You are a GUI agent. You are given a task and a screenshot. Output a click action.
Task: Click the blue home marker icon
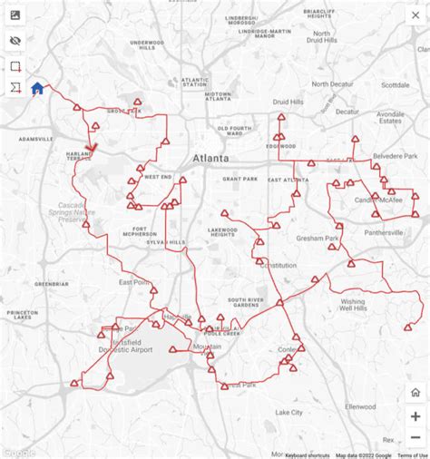click(x=37, y=89)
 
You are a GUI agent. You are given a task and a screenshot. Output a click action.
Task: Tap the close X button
click(x=415, y=15)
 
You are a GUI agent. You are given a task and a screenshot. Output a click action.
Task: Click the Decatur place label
click(x=347, y=112)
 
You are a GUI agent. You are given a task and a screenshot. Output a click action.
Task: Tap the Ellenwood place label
click(x=360, y=405)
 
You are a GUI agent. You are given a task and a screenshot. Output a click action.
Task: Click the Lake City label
click(x=291, y=413)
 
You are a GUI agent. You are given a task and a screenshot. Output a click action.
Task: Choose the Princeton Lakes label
click(x=23, y=316)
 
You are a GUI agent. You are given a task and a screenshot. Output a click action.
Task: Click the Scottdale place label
click(x=396, y=85)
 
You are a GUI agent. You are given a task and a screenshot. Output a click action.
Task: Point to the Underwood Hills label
click(x=147, y=44)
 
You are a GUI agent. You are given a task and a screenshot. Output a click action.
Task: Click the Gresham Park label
click(x=318, y=239)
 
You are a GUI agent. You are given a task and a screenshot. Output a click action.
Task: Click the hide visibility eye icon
click(x=16, y=41)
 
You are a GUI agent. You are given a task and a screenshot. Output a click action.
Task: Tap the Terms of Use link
click(x=412, y=455)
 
